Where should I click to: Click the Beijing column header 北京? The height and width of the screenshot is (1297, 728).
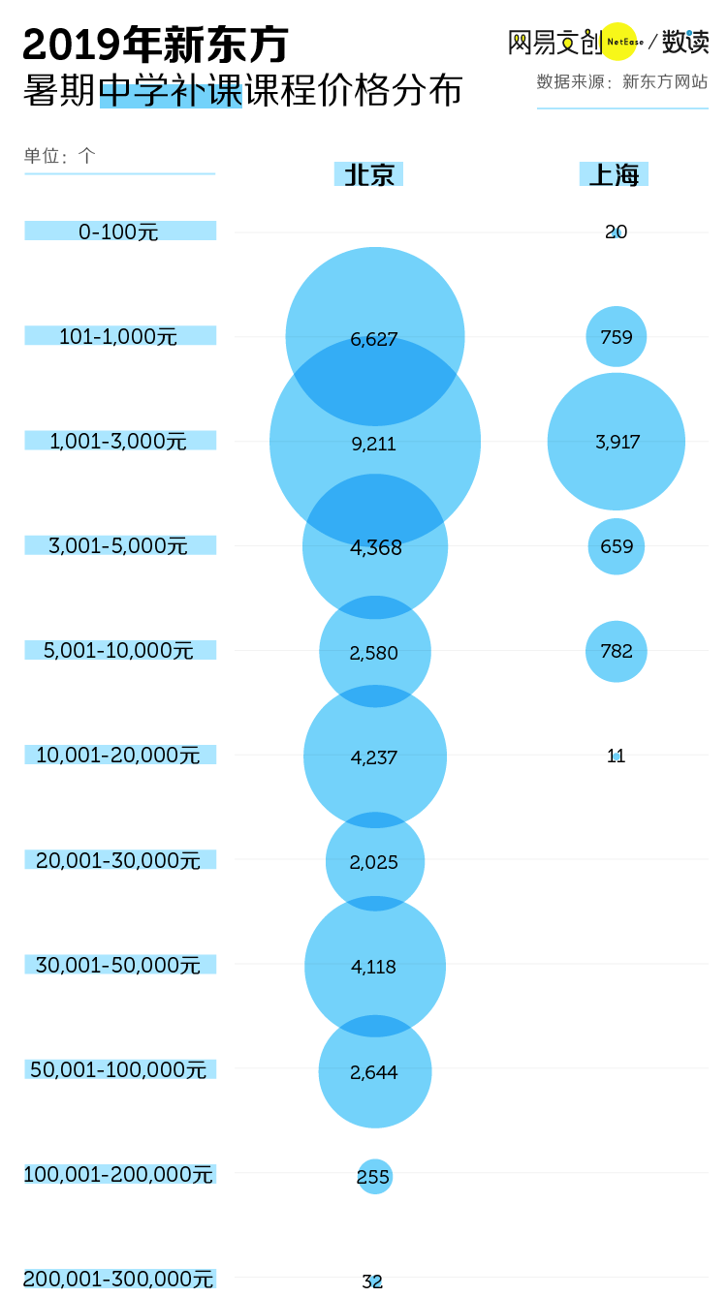369,174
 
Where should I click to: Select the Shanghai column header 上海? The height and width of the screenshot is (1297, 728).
614,174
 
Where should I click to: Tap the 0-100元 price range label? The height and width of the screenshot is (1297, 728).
119,232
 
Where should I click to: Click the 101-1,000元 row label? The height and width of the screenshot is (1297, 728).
119,336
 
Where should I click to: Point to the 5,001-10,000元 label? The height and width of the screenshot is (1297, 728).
119,650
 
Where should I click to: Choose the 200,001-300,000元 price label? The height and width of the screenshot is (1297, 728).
119,1279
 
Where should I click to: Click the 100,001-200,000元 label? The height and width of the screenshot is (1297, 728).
119,1174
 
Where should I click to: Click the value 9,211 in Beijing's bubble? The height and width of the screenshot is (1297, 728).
374,444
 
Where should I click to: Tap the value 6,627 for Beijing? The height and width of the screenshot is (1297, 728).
374,338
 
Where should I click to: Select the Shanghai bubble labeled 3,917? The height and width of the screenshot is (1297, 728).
617,442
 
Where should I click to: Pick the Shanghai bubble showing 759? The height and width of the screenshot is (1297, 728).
617,337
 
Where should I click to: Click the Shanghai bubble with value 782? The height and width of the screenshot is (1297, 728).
617,651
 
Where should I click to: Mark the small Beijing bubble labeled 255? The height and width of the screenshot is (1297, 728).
374,1177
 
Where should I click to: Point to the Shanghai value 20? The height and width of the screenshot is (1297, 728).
617,232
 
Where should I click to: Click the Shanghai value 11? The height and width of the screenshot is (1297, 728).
617,756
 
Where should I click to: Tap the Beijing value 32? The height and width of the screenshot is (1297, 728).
373,1281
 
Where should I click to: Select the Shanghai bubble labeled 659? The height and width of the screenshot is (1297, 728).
617,546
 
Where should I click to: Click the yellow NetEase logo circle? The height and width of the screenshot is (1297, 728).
618,42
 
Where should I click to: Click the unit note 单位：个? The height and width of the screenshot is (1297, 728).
60,156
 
